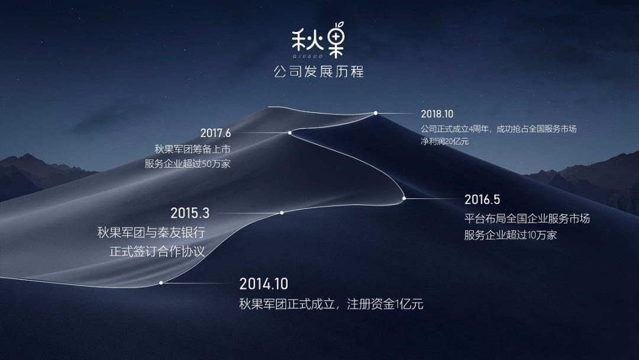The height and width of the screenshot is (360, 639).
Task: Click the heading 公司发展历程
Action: tap(319, 72)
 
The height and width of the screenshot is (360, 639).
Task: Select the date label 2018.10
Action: tap(437, 114)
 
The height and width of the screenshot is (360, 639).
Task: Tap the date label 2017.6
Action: tap(215, 133)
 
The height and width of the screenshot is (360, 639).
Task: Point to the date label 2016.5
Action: tap(482, 200)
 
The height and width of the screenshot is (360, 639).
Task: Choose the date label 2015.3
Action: tap(190, 213)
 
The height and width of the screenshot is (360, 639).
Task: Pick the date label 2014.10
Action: tap(264, 284)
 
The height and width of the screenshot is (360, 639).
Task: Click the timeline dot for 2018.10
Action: tap(376, 113)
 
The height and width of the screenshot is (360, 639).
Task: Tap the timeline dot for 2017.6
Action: tap(290, 133)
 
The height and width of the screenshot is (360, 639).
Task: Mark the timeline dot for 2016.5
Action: tap(404, 198)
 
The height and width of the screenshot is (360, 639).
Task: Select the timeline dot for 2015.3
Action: tap(282, 213)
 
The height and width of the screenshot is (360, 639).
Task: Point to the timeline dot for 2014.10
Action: tap(161, 282)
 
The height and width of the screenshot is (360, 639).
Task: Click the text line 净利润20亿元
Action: tap(444, 142)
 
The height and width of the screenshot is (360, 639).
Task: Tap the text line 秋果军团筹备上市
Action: tap(192, 149)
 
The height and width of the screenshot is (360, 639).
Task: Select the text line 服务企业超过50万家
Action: tap(188, 164)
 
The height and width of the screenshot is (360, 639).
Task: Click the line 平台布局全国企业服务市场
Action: tap(527, 218)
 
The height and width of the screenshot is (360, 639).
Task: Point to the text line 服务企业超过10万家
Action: tap(510, 235)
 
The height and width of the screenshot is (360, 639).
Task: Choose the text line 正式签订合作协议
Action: tap(157, 251)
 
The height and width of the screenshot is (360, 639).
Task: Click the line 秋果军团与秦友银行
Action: tap(151, 233)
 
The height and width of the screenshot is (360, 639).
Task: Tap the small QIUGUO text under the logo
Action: tap(308, 56)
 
